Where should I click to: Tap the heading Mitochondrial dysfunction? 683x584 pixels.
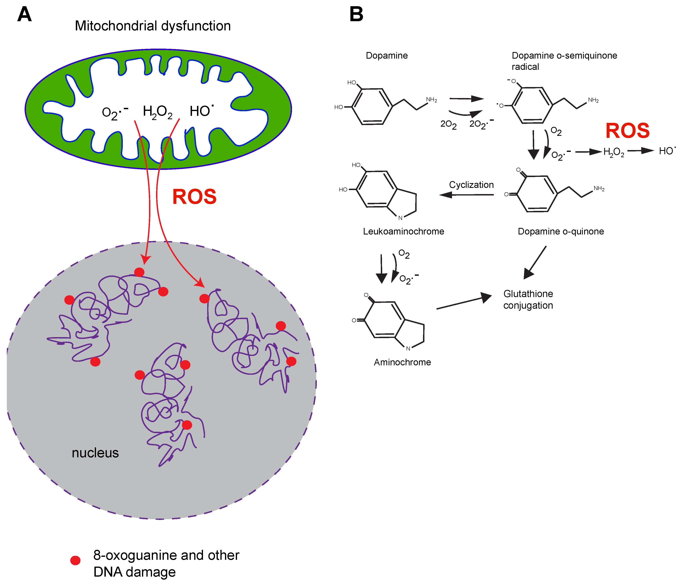pos(153,26)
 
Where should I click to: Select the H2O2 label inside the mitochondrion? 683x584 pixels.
pos(158,112)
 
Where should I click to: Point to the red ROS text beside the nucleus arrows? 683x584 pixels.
pos(194,197)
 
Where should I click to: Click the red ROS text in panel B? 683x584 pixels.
pos(627,131)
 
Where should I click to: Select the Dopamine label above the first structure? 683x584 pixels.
pos(387,55)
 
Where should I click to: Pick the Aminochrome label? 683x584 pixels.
pos(402,362)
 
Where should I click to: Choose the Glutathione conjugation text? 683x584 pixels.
pos(528,300)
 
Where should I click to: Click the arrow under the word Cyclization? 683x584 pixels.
pos(466,195)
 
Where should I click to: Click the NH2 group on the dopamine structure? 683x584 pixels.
pos(431,100)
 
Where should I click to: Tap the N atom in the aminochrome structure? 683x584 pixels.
pos(408,348)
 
